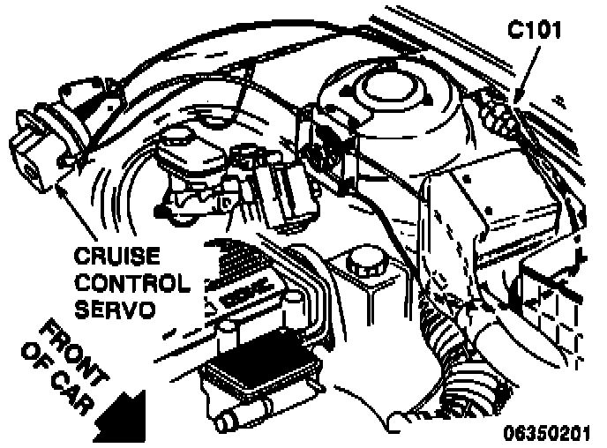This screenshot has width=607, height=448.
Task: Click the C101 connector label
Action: [x=535, y=28]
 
